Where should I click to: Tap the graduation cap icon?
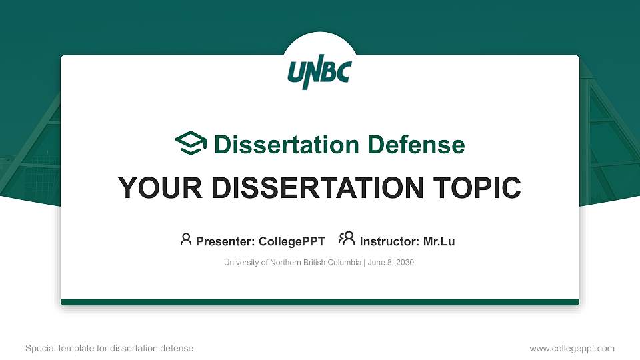191,143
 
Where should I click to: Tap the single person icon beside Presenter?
186,239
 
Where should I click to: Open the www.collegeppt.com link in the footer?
571,348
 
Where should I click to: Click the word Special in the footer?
39,348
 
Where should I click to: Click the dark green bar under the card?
320,302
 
